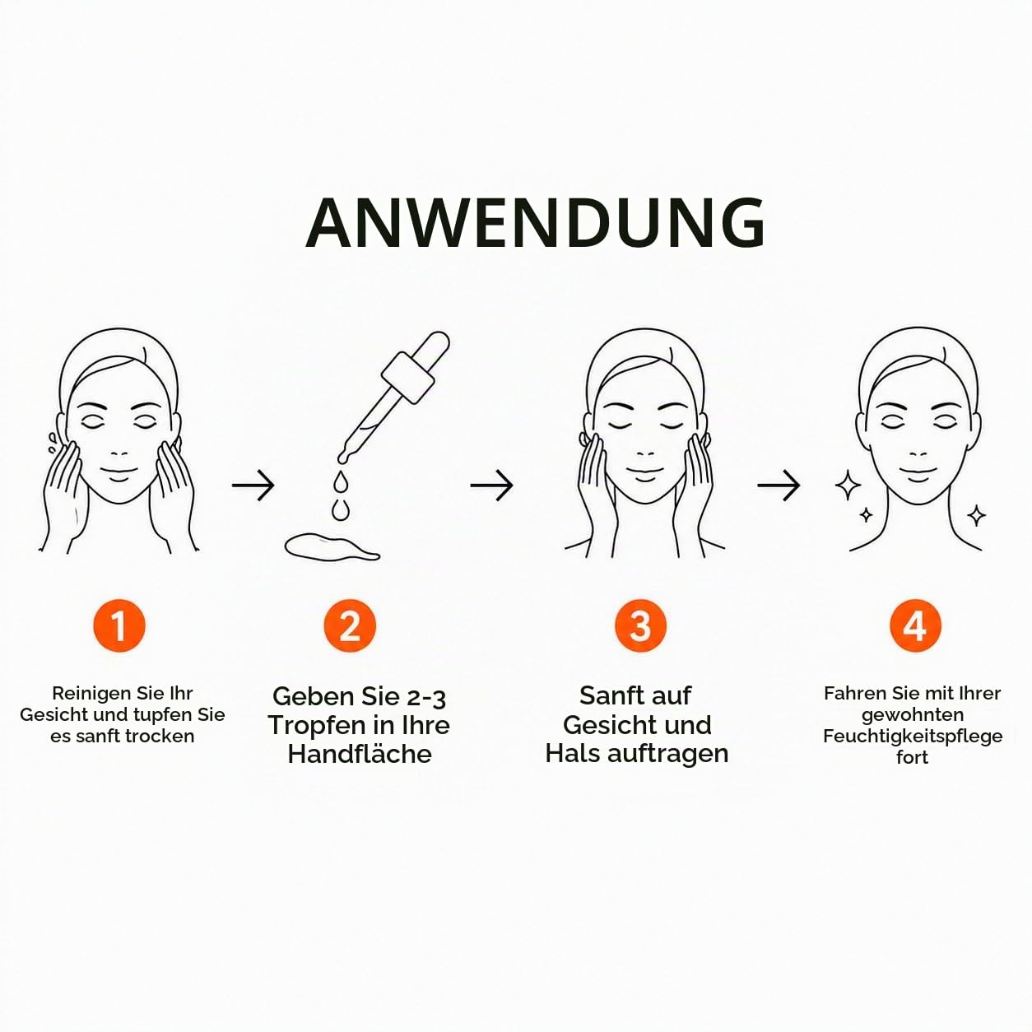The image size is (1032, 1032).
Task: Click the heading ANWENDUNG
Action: click(535, 222)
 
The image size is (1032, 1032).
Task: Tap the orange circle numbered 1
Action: click(119, 625)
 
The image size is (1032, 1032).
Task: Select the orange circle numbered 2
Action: click(350, 625)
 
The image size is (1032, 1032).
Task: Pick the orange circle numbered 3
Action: click(640, 625)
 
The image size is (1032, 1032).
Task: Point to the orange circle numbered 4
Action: click(915, 625)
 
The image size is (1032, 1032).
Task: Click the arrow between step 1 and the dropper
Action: click(253, 486)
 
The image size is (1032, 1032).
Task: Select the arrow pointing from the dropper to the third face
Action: click(491, 486)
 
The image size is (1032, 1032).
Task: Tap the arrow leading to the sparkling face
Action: click(779, 486)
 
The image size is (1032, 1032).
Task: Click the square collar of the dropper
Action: click(407, 378)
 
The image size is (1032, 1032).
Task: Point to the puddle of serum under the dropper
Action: click(332, 546)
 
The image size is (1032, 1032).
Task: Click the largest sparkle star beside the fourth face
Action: click(848, 485)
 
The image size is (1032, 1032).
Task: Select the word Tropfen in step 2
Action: click(309, 726)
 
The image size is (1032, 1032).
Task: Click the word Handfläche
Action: click(360, 754)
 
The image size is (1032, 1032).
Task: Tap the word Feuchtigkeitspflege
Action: click(913, 737)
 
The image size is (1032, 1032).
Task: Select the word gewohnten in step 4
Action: click(913, 715)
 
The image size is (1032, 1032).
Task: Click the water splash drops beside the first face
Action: click(51, 444)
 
